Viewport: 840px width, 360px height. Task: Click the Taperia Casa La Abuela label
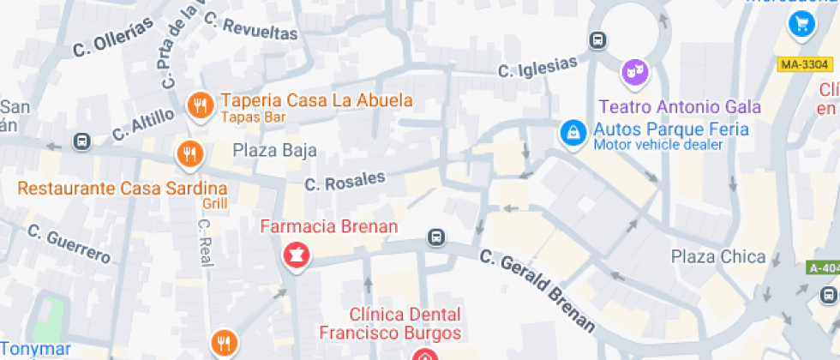(x=316, y=100)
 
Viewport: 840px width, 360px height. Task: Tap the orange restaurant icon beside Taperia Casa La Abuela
(x=200, y=105)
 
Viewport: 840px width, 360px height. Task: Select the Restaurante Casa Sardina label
(x=123, y=188)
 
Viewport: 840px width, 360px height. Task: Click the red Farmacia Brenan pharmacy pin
(x=296, y=255)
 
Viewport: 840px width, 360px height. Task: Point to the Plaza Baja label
(x=275, y=151)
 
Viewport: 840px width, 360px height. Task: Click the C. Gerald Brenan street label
(x=537, y=290)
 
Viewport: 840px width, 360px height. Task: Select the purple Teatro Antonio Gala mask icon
(x=634, y=71)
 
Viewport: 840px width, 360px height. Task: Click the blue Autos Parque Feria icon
(x=572, y=132)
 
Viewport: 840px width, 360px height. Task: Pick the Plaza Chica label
(x=718, y=256)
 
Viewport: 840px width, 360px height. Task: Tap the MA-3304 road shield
(x=805, y=64)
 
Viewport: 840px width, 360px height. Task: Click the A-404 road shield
(x=824, y=267)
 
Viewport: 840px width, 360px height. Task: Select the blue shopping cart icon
(x=802, y=23)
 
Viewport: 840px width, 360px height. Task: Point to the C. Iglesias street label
(x=538, y=66)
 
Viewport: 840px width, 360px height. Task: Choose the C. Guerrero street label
(x=69, y=243)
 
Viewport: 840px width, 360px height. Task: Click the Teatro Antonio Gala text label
(x=680, y=107)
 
